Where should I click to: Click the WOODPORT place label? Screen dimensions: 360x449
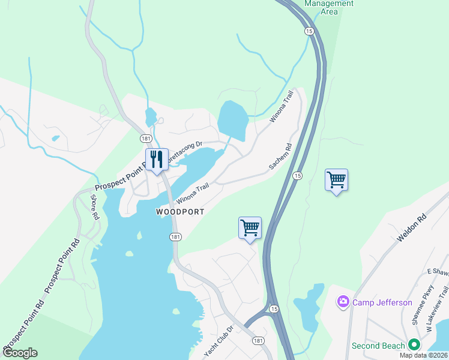180,212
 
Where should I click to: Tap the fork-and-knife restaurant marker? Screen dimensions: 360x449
157,160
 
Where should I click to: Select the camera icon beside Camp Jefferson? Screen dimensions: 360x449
343,302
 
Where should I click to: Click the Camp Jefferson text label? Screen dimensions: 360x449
382,302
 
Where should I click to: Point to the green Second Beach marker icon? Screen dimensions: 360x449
414,345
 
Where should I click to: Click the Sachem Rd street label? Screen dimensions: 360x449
280,156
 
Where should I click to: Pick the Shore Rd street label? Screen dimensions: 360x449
94,206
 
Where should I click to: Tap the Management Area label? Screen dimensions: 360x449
329,7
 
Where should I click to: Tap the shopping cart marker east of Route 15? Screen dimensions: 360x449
336,179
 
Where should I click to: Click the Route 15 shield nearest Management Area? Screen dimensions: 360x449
309,31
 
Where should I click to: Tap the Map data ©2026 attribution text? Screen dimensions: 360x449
423,355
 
